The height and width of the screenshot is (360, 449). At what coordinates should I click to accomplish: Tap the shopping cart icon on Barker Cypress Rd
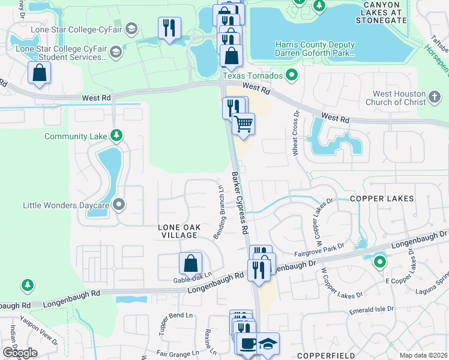pos(243,124)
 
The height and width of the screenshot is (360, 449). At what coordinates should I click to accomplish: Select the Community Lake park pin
pos(117,136)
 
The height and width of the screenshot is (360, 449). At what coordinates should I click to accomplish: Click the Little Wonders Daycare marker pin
pos(119,205)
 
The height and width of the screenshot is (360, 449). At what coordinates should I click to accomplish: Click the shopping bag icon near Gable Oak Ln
pos(190,263)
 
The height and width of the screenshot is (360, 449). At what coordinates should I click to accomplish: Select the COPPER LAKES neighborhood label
pos(382,198)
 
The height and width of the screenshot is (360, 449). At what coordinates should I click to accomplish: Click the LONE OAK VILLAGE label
pos(178,231)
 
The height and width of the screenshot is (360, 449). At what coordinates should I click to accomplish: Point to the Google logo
pos(20,353)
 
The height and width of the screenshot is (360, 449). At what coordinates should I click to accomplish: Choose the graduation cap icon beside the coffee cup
pos(267,343)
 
